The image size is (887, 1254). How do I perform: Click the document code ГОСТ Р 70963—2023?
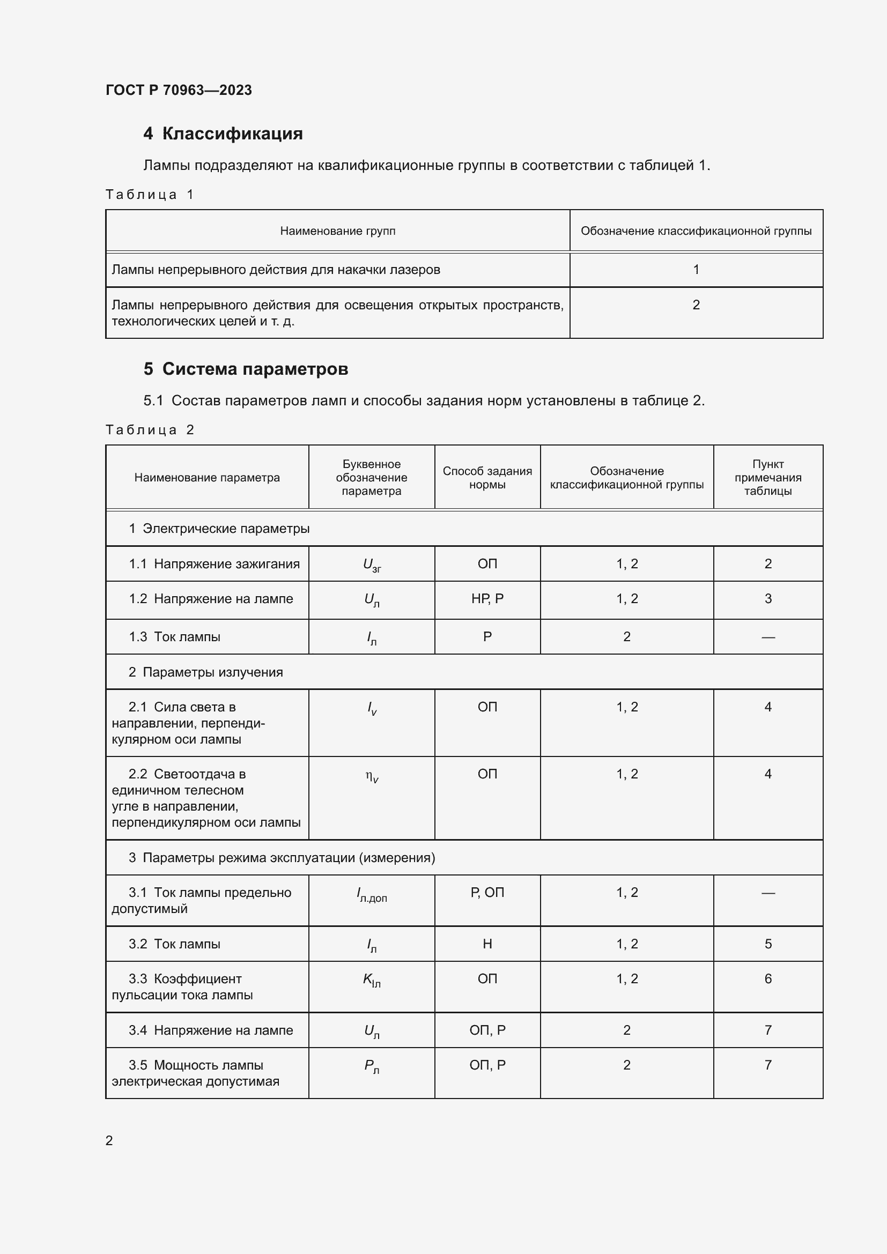click(x=179, y=90)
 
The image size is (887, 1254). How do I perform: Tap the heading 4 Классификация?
click(x=223, y=133)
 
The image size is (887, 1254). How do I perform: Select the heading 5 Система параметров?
click(x=246, y=369)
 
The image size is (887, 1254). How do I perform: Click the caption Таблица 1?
click(x=150, y=195)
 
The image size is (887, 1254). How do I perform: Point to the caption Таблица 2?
click(x=150, y=430)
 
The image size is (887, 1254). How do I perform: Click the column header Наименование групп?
click(x=337, y=231)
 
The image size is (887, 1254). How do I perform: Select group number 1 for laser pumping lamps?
click(x=696, y=269)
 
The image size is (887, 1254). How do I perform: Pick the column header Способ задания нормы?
click(x=487, y=477)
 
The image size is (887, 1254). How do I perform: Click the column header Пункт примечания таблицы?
click(x=767, y=477)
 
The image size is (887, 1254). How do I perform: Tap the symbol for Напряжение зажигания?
click(x=372, y=565)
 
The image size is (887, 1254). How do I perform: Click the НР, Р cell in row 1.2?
click(x=487, y=599)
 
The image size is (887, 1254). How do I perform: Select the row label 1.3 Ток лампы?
click(x=175, y=637)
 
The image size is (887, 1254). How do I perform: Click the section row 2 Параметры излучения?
click(x=206, y=672)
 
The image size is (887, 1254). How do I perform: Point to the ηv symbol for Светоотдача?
click(x=372, y=776)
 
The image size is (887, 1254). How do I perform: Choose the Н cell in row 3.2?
click(x=487, y=944)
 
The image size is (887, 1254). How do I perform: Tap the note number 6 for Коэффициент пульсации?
click(x=767, y=979)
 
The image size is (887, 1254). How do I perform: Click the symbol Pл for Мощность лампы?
click(x=372, y=1066)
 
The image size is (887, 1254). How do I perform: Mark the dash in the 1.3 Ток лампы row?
click(x=767, y=637)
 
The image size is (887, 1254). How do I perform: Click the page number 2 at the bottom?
click(x=109, y=1140)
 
